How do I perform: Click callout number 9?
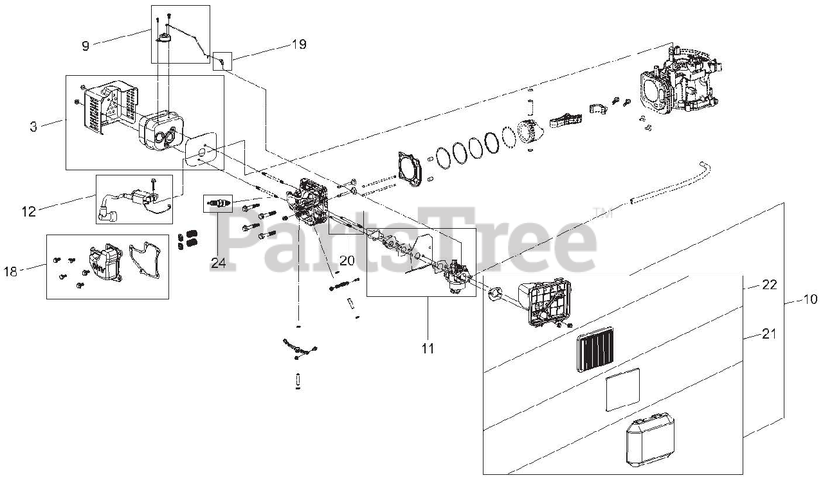(86, 45)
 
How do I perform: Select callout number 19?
(298, 44)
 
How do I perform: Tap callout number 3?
(33, 126)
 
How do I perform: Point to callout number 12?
(29, 211)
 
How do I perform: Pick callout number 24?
(217, 262)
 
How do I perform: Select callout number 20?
(347, 261)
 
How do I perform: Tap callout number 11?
(428, 348)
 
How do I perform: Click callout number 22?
(770, 285)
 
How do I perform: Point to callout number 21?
(770, 334)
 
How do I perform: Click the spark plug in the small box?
(217, 204)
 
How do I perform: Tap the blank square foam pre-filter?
(623, 389)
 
